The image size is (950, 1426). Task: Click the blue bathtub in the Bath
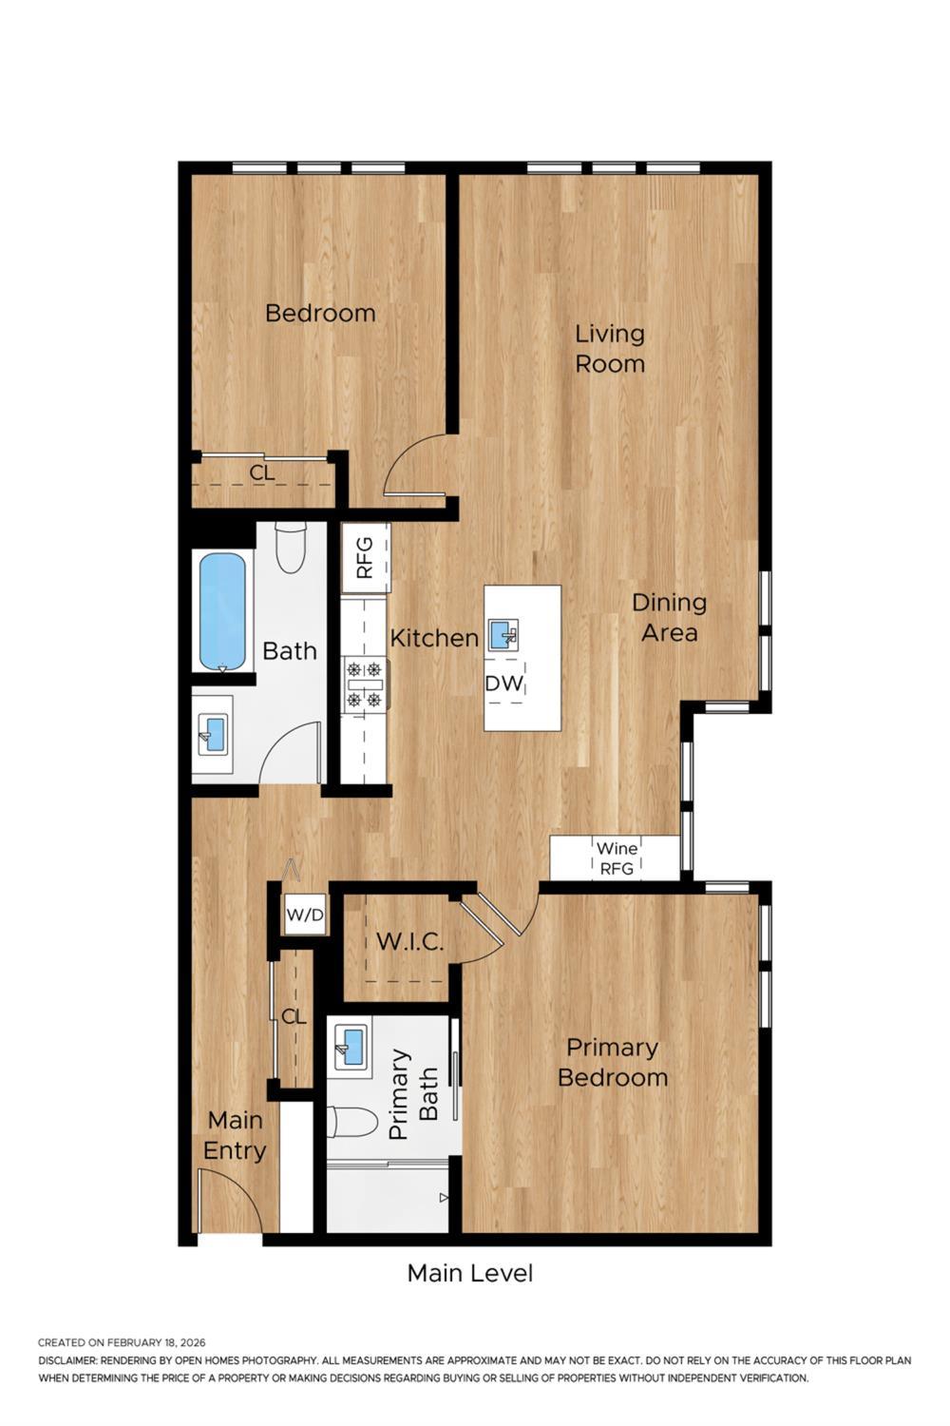coord(223,611)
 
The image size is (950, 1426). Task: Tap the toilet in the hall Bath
coord(290,549)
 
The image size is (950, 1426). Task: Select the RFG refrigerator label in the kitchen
coord(366,558)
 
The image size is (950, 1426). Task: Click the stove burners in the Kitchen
coord(365,684)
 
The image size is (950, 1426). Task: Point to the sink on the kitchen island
coord(503,634)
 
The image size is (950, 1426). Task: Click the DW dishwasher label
coord(503,683)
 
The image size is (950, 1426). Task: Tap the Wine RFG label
coord(617,858)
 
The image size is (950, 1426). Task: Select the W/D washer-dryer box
coord(305,915)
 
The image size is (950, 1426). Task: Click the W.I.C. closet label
coord(409,942)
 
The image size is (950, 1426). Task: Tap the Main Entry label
coord(235,1135)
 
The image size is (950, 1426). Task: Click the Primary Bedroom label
coord(613,1062)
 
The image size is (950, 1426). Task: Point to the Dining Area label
coord(670,617)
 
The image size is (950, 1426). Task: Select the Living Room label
coord(610,348)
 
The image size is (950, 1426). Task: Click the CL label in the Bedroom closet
coord(262,472)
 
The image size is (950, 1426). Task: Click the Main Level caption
coord(470,1273)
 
